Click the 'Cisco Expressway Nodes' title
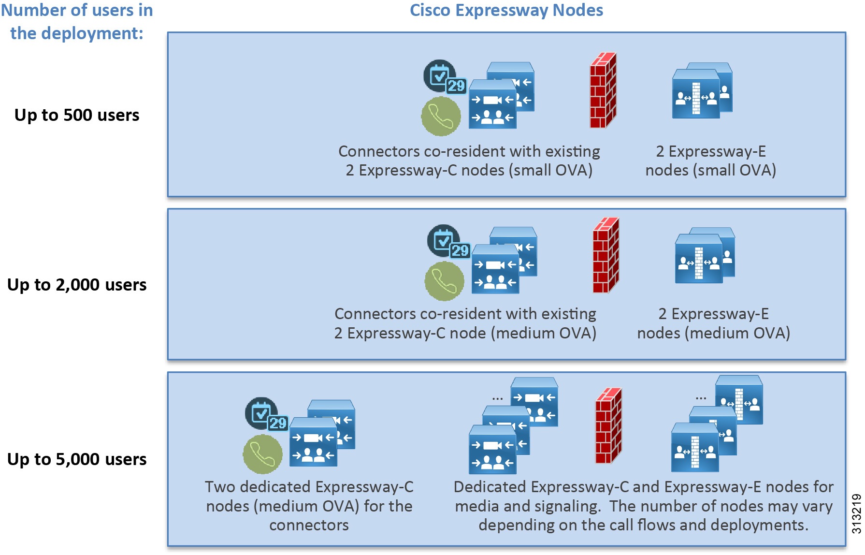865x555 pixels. (x=506, y=11)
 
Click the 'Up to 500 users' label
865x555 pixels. (x=77, y=115)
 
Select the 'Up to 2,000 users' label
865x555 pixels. (x=77, y=285)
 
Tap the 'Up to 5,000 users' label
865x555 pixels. (x=77, y=459)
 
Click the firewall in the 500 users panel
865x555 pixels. (x=603, y=90)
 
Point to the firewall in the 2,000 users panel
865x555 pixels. (x=605, y=255)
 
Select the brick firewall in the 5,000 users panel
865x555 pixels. (x=608, y=426)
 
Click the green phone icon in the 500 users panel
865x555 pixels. (x=441, y=117)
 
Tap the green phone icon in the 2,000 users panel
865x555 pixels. (x=444, y=281)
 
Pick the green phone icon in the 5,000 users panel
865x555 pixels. (x=262, y=454)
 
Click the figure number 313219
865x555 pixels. (x=856, y=513)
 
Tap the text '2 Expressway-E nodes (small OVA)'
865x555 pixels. (x=710, y=161)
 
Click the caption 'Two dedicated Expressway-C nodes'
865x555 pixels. (x=309, y=496)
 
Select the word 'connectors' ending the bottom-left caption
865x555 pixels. (x=309, y=525)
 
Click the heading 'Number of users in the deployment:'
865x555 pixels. (x=77, y=22)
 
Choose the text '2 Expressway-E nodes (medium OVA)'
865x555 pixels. (x=713, y=323)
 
